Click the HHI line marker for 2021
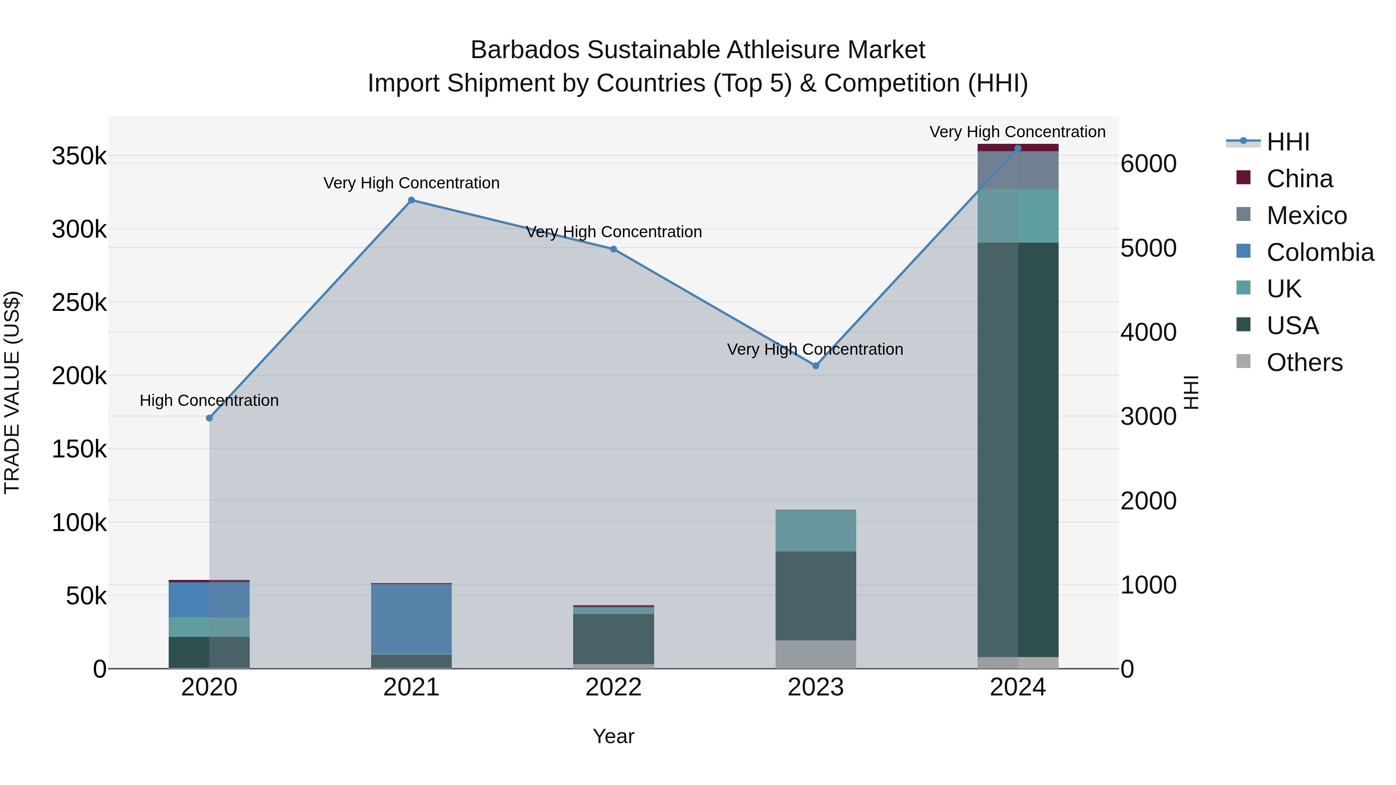(411, 200)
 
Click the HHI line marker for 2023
(815, 366)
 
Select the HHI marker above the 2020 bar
(209, 418)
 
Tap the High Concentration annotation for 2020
(209, 400)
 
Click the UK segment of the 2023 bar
(815, 531)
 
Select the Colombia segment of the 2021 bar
(411, 619)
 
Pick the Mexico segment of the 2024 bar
(1018, 170)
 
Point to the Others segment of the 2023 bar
(815, 654)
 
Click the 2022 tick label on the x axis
(613, 687)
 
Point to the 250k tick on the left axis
(79, 302)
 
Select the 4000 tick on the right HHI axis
(1148, 332)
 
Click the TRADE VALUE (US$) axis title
(12, 392)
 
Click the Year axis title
(613, 736)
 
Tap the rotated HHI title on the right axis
(1190, 392)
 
